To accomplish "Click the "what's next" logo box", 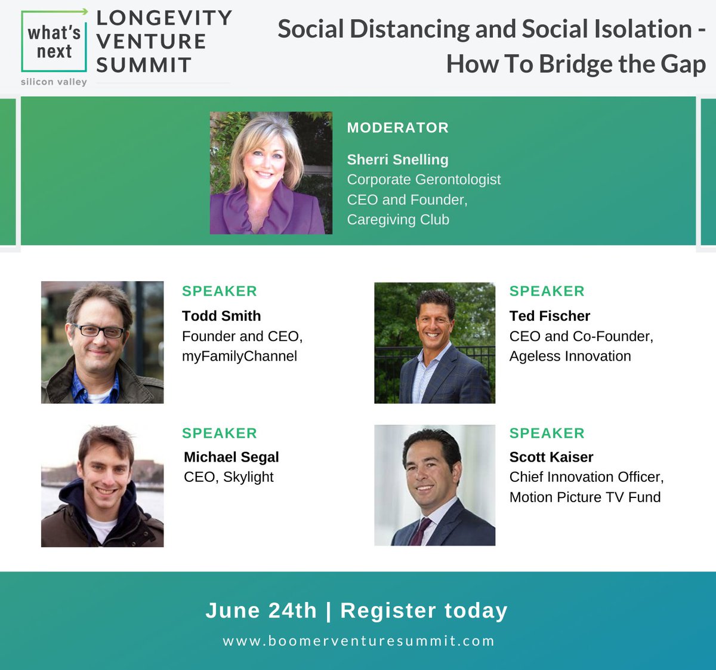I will click(54, 42).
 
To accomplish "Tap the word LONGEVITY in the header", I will click(164, 18).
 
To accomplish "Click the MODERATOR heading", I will click(397, 128).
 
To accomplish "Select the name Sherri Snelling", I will click(397, 159).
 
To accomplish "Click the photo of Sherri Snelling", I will click(271, 173).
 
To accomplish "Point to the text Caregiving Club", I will click(398, 220).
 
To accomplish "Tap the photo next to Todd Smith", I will click(102, 342).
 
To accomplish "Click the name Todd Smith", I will click(221, 316).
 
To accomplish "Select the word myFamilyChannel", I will click(239, 356).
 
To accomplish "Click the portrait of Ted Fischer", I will click(434, 343).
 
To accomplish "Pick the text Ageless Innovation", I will click(570, 356).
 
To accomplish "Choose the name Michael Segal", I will click(232, 457).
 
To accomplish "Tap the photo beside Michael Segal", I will click(102, 485).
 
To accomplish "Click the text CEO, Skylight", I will click(229, 477).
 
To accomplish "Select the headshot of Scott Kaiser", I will click(434, 485).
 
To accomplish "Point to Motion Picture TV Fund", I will click(585, 497).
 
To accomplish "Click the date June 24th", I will click(261, 610).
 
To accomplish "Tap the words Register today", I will click(424, 610).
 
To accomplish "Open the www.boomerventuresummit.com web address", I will click(359, 641).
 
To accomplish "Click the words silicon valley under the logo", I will click(54, 82).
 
